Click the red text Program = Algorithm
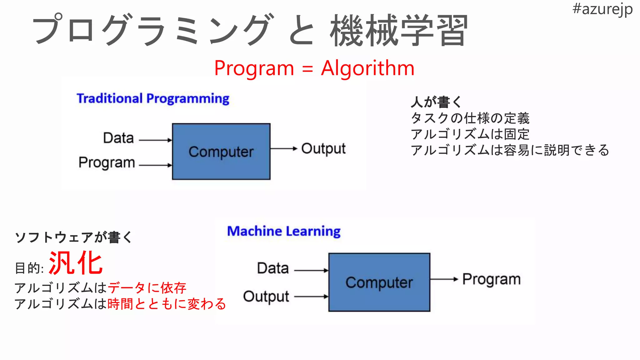click(x=314, y=68)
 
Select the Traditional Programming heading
click(x=153, y=99)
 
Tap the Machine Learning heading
click(x=284, y=232)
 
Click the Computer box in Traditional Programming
click(x=221, y=152)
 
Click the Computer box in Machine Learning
click(x=379, y=282)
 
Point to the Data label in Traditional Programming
click(x=118, y=138)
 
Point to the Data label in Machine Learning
click(x=272, y=268)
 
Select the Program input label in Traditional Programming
click(x=107, y=162)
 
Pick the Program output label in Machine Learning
click(x=491, y=279)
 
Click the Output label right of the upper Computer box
click(x=323, y=149)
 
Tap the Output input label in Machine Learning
click(x=266, y=297)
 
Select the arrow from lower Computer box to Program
click(x=444, y=279)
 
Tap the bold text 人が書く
click(x=436, y=102)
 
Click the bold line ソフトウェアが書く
click(x=74, y=237)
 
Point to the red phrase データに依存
click(x=147, y=288)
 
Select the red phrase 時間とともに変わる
click(x=167, y=304)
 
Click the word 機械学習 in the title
click(x=398, y=31)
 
